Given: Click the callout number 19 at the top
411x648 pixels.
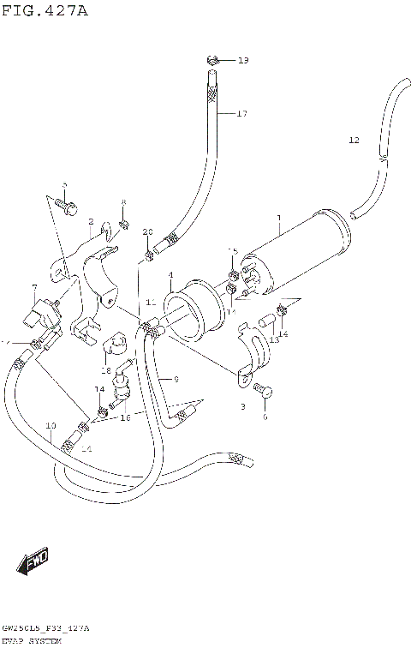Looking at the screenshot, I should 242,60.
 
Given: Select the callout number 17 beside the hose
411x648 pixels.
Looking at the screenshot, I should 241,114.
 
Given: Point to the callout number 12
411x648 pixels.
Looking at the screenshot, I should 354,140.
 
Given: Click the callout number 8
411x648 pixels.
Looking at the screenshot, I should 122,202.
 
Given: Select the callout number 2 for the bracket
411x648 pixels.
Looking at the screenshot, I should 90,221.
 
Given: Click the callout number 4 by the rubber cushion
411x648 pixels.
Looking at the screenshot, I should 170,275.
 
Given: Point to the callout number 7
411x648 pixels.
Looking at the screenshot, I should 34,288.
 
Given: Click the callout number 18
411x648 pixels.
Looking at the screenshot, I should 106,371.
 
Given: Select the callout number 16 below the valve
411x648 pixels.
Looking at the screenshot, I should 125,417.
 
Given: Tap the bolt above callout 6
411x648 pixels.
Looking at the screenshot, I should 265,393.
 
